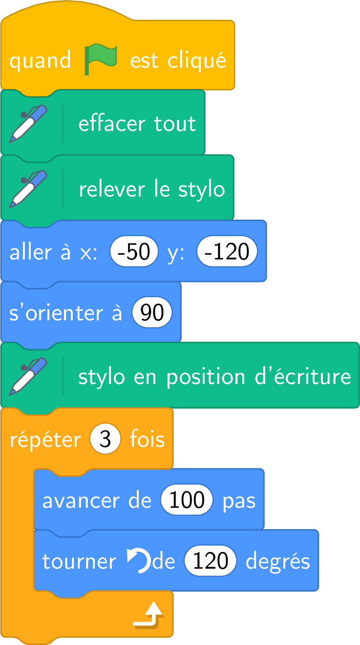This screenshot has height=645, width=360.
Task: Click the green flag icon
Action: click(100, 59)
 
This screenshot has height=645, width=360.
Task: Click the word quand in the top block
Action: click(40, 61)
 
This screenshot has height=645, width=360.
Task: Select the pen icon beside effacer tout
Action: click(28, 123)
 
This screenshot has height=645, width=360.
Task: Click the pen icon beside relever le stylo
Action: click(28, 189)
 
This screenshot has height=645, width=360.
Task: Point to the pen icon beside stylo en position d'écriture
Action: click(28, 376)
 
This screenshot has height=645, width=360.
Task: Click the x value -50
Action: click(134, 252)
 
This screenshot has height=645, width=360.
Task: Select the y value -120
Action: click(227, 252)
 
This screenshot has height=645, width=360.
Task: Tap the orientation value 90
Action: click(152, 312)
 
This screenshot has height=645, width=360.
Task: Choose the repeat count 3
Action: click(105, 439)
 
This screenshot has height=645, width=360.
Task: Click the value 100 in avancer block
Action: click(187, 499)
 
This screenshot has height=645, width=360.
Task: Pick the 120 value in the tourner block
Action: click(210, 561)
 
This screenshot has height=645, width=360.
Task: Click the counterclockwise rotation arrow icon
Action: click(139, 560)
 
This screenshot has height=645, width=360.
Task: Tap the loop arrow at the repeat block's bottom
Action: click(149, 615)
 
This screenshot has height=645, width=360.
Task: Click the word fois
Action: click(147, 439)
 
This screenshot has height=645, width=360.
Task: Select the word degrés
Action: click(278, 562)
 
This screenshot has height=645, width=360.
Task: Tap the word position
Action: click(206, 378)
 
